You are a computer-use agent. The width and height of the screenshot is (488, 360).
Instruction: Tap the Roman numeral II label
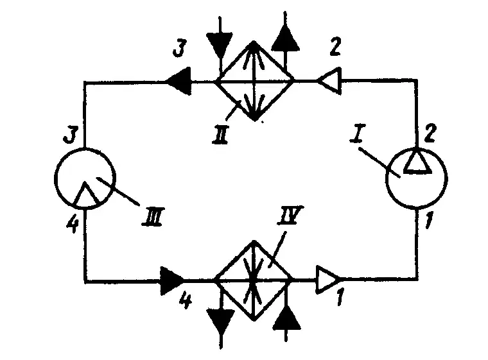coord(221,134)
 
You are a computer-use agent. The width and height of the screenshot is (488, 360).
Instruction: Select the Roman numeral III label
coord(152,216)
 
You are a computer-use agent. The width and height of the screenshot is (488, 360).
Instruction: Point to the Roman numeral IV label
coord(290,215)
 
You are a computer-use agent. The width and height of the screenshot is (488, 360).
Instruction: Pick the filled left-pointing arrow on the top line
coord(179,81)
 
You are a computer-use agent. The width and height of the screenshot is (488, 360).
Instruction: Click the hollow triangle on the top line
coord(329,80)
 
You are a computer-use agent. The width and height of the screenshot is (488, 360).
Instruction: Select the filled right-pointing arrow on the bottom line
coord(172,280)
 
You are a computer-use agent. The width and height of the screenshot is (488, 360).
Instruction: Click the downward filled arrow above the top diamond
coord(220,44)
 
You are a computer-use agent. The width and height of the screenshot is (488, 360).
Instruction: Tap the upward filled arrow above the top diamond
coord(285,38)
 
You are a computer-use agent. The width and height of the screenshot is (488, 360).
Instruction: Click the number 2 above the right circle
coord(430,133)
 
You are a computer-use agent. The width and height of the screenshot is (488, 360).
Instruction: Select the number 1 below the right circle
coord(430,220)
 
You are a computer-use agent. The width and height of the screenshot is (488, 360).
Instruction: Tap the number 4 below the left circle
coord(73,224)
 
